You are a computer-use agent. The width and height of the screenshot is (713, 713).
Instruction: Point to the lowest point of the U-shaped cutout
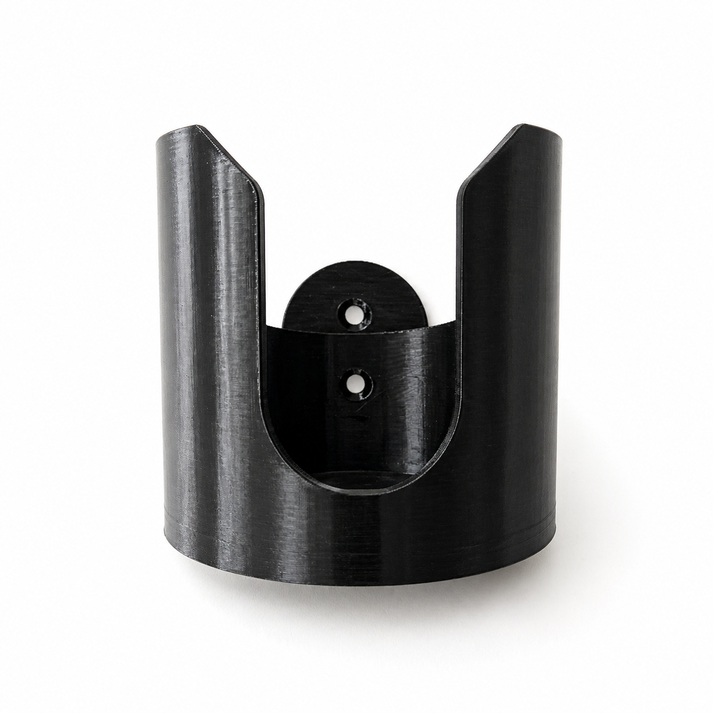pos(362,493)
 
